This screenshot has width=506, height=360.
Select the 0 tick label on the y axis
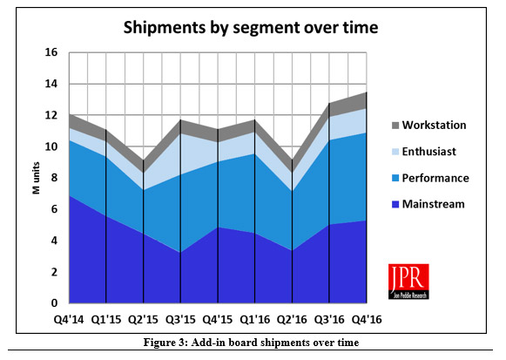pos(54,303)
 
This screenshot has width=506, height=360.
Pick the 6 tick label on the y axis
pos(54,209)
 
